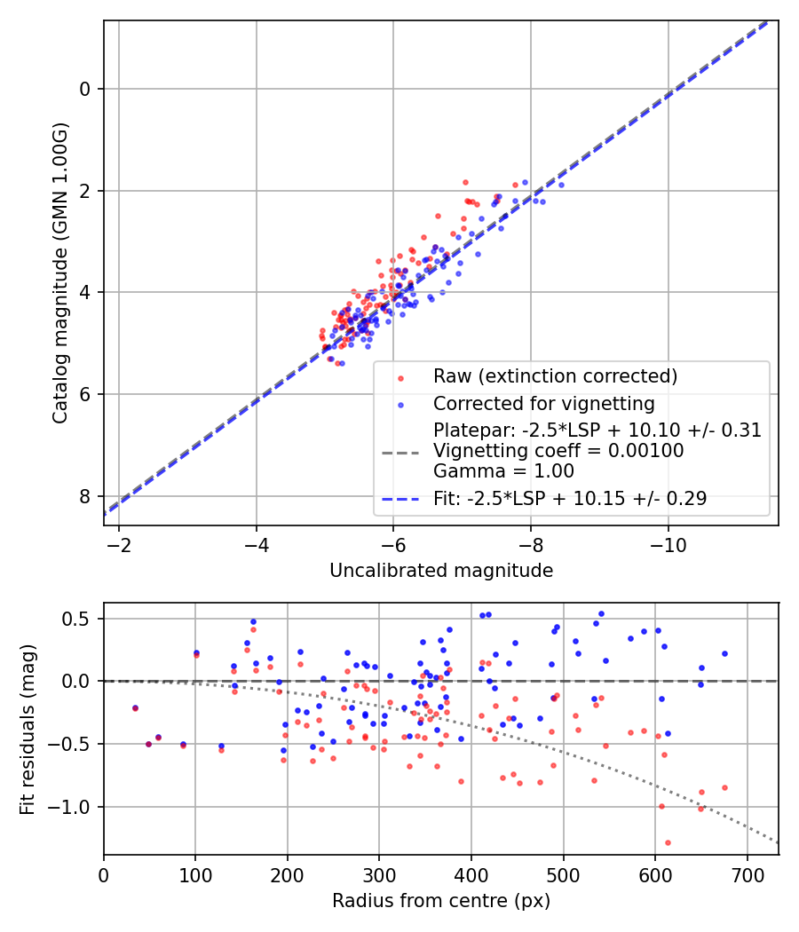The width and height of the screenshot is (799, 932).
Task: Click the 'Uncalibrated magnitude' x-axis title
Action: tap(441, 571)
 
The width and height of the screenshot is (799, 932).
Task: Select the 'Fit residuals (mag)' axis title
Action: tap(28, 728)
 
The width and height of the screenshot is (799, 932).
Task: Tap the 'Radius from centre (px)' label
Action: tap(441, 901)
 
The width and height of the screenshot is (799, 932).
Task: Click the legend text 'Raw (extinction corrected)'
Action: tap(555, 375)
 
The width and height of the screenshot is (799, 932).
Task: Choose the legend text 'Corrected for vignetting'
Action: tap(543, 404)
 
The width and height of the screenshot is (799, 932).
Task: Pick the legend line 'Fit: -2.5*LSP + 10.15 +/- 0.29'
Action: tap(570, 499)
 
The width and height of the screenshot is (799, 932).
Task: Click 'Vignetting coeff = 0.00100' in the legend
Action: tap(558, 451)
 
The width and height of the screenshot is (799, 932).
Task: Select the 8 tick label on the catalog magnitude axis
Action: tap(85, 496)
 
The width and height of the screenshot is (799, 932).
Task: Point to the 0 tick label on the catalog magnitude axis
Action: tap(85, 89)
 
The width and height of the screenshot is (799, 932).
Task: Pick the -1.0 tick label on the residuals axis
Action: tap(76, 807)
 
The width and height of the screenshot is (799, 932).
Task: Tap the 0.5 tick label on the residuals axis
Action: tap(81, 619)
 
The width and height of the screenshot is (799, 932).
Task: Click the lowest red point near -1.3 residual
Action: tap(668, 842)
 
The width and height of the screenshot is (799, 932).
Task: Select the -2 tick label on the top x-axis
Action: tap(119, 544)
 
